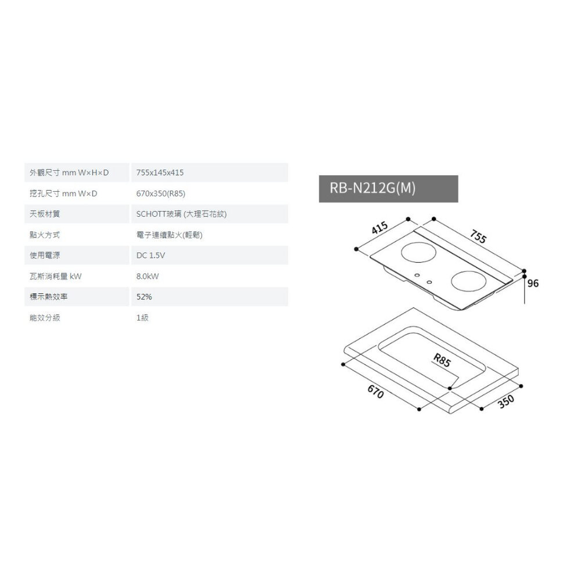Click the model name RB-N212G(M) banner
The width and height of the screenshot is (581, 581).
point(388,189)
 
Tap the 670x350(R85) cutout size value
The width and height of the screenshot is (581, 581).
point(161,193)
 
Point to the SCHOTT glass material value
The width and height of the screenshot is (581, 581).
point(181,214)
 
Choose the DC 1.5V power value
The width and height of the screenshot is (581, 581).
point(150,255)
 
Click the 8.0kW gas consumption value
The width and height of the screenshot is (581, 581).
point(148,276)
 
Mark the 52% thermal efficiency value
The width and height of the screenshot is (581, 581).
point(144,297)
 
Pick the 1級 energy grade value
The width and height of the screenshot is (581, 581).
point(142,318)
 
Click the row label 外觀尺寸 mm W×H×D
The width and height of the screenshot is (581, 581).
point(69,173)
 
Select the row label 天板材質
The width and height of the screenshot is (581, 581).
point(45,214)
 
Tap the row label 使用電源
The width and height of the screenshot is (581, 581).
point(45,255)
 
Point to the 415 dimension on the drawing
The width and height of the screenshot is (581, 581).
point(380,228)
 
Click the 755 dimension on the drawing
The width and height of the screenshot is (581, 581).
point(478,236)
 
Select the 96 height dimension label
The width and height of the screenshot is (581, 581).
point(533,284)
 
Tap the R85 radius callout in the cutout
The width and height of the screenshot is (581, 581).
point(442,360)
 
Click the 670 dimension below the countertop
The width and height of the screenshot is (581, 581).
point(375,392)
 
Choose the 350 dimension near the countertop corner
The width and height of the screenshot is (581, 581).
point(506,401)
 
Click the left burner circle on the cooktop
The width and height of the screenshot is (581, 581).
point(419,252)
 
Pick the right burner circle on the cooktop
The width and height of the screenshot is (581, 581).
point(469,281)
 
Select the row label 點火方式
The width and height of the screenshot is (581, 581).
point(45,235)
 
